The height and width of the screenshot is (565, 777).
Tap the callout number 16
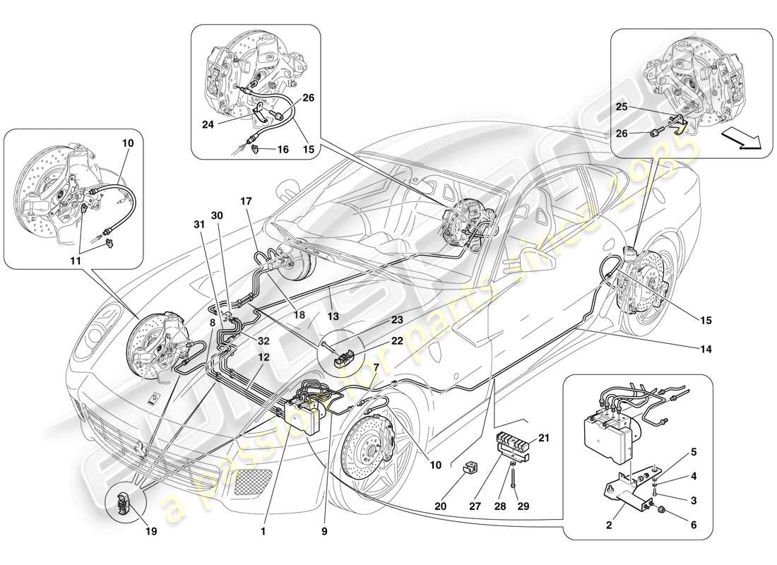(x=283, y=150)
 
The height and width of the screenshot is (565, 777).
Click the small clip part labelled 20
(x=470, y=470)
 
